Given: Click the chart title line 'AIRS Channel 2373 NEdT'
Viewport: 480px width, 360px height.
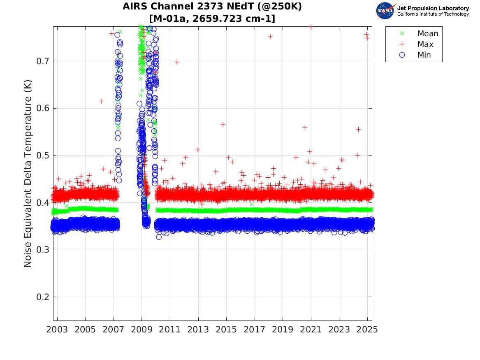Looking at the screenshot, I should coord(212,7).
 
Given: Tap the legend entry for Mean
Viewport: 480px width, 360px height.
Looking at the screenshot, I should coord(427,34).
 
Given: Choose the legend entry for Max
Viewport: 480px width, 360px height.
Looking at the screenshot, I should coord(425,44).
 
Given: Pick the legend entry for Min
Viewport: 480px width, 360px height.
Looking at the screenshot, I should coord(424,55).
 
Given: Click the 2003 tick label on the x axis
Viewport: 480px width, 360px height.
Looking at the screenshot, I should coord(57,330).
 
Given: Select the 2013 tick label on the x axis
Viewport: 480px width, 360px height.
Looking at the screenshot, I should coord(198,330).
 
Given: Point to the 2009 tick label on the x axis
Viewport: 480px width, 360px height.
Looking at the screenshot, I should coord(142,330).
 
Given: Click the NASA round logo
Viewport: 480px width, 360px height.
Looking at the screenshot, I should coord(385,11).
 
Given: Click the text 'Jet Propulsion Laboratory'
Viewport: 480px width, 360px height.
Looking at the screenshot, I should coord(433,8).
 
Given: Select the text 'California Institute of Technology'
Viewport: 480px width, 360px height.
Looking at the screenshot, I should coord(433,14).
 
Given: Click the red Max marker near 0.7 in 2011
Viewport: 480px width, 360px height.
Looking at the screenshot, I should coord(177,62).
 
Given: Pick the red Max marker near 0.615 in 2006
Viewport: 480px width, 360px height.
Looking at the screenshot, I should coord(101,101).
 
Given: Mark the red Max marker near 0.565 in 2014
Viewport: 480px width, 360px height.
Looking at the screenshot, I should coord(223,125).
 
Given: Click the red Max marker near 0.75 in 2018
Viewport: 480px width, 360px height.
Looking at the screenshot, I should coord(270,37).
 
